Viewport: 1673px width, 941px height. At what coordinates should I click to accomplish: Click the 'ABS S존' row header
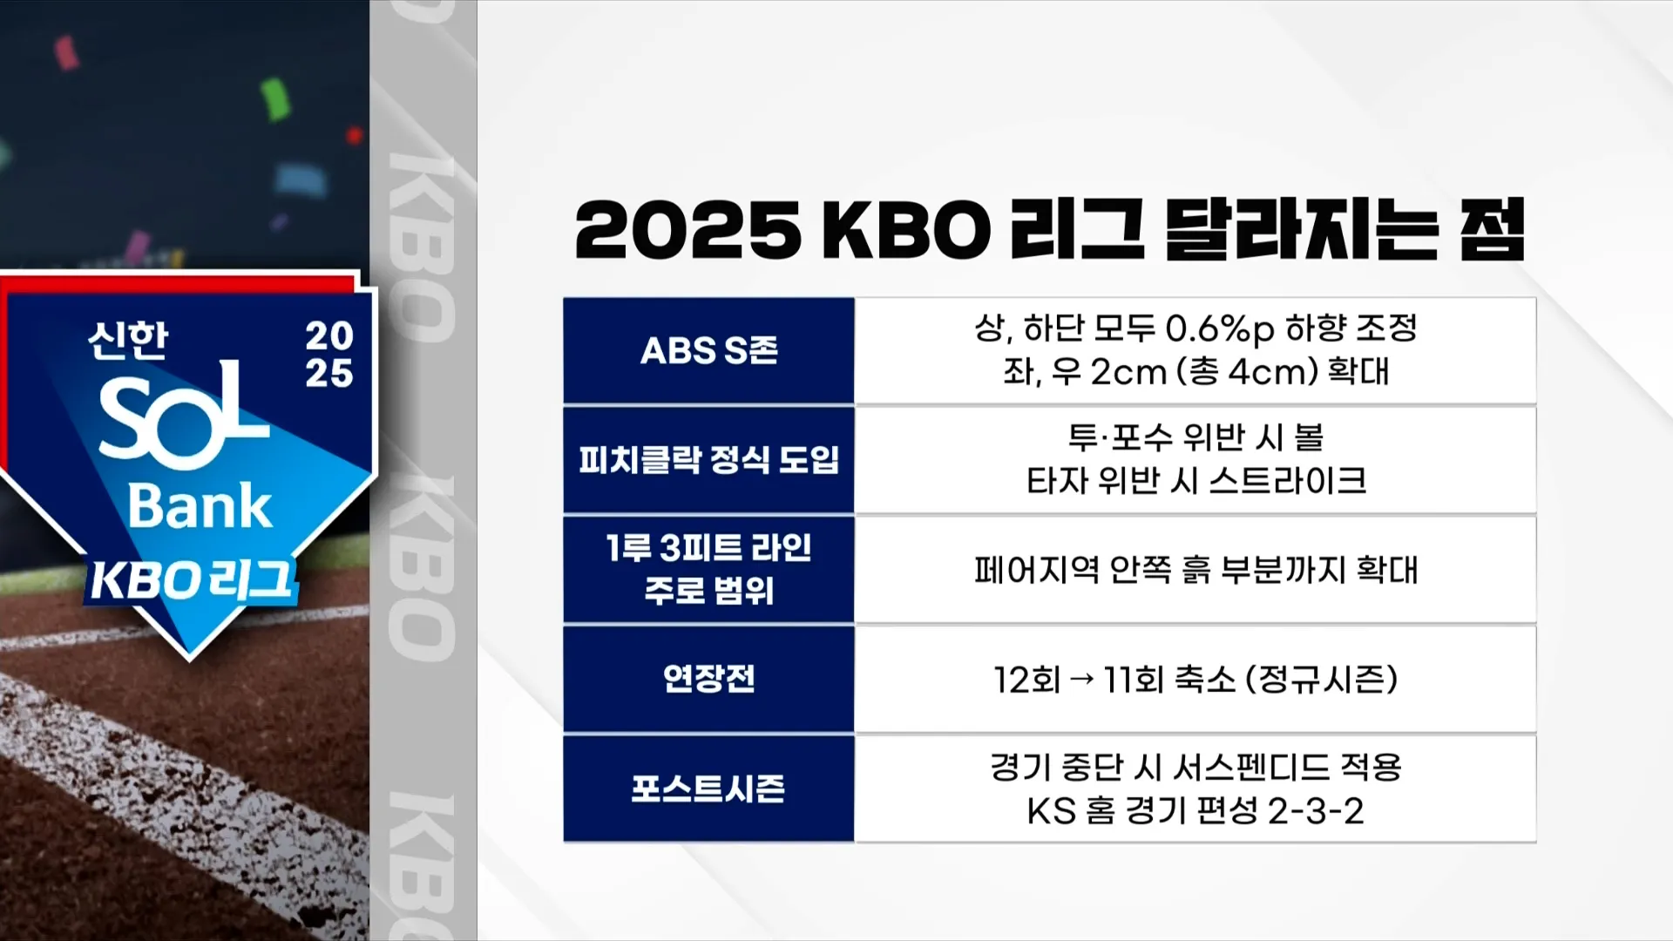pyautogui.click(x=708, y=351)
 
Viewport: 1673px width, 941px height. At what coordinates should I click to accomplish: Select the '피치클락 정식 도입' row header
pyautogui.click(x=708, y=460)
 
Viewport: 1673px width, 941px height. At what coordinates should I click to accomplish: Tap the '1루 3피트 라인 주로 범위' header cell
pyautogui.click(x=708, y=570)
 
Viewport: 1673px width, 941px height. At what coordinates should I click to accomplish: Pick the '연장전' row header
pyautogui.click(x=708, y=679)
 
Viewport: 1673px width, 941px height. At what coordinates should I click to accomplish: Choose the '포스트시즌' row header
pyautogui.click(x=708, y=789)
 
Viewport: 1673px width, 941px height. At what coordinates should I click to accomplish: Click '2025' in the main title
pyautogui.click(x=687, y=230)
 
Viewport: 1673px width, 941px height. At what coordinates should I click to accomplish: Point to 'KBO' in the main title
pyautogui.click(x=906, y=230)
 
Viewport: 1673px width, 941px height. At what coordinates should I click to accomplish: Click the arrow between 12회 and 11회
pyautogui.click(x=1081, y=680)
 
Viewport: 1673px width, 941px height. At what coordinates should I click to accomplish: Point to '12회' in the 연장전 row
pyautogui.click(x=1026, y=680)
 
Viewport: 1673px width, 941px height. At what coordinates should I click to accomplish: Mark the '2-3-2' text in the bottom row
pyautogui.click(x=1315, y=811)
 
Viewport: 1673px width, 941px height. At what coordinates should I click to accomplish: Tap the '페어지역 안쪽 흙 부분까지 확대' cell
pyautogui.click(x=1195, y=570)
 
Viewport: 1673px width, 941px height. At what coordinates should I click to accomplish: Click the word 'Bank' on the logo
pyautogui.click(x=200, y=506)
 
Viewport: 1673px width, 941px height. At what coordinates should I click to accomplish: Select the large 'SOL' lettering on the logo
pyautogui.click(x=183, y=416)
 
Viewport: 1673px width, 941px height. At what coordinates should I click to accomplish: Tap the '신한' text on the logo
pyautogui.click(x=127, y=340)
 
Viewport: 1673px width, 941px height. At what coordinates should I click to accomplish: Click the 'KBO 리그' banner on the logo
pyautogui.click(x=192, y=580)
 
